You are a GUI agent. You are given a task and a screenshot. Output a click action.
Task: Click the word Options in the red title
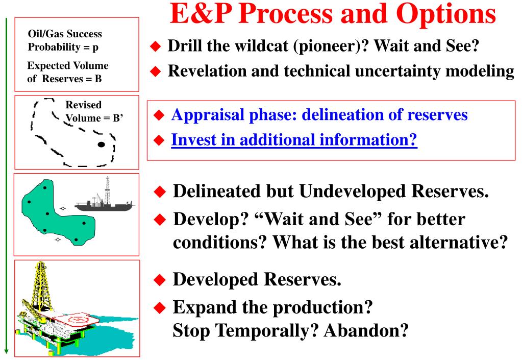pyautogui.click(x=446, y=14)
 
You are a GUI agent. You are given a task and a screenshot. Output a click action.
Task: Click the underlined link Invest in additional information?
pyautogui.click(x=294, y=140)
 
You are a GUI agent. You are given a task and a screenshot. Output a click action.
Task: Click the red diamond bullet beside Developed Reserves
pyautogui.click(x=160, y=280)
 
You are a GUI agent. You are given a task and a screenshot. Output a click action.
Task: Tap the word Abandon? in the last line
pyautogui.click(x=366, y=330)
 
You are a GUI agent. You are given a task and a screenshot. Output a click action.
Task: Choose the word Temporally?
pyautogui.click(x=267, y=331)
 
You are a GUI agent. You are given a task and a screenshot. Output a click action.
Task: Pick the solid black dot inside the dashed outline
pyautogui.click(x=101, y=145)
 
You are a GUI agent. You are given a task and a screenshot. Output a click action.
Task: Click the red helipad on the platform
pyautogui.click(x=77, y=320)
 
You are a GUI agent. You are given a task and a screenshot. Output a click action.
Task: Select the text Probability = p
pyautogui.click(x=63, y=47)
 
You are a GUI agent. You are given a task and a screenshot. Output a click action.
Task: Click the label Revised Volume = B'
pyautogui.click(x=94, y=111)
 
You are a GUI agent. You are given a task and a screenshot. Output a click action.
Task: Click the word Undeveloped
pyautogui.click(x=353, y=191)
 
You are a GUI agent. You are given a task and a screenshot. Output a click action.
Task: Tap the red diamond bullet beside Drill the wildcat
pyautogui.click(x=156, y=46)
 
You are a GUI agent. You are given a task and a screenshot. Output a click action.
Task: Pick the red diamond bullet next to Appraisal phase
pyautogui.click(x=159, y=115)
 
